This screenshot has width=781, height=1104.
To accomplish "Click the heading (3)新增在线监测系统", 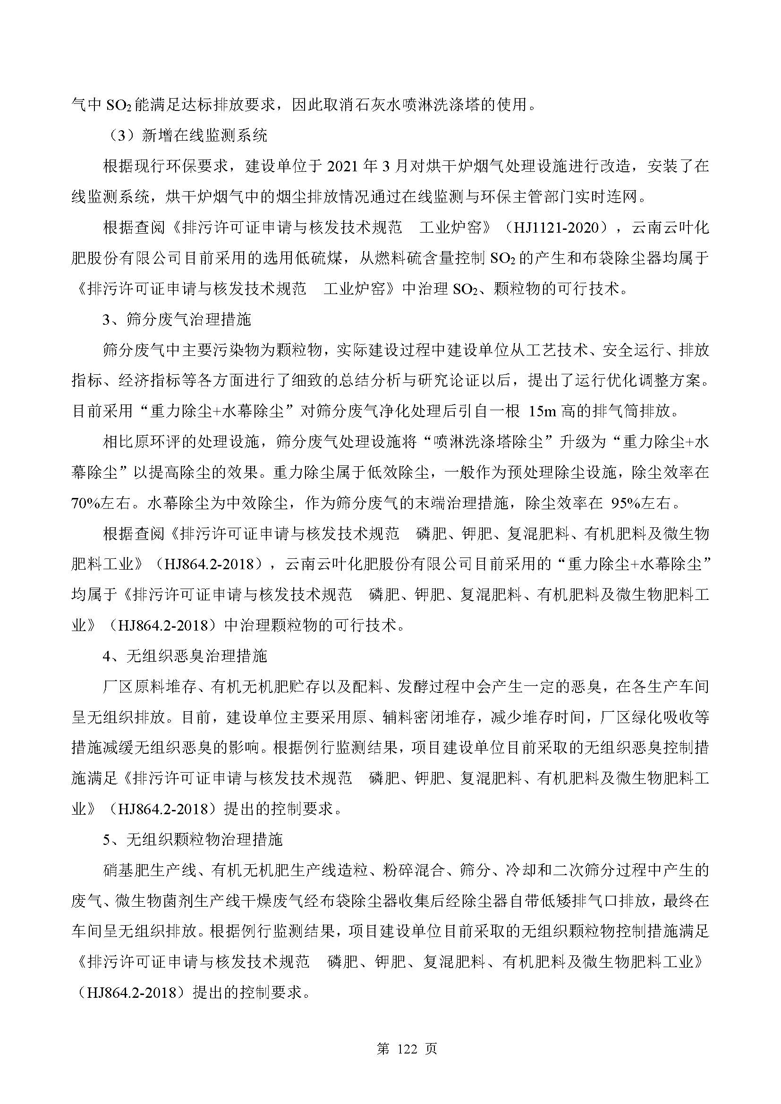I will (x=187, y=135).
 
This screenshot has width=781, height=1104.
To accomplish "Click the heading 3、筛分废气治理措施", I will (x=178, y=320).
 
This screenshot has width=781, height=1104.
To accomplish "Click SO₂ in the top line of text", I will (x=116, y=105).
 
